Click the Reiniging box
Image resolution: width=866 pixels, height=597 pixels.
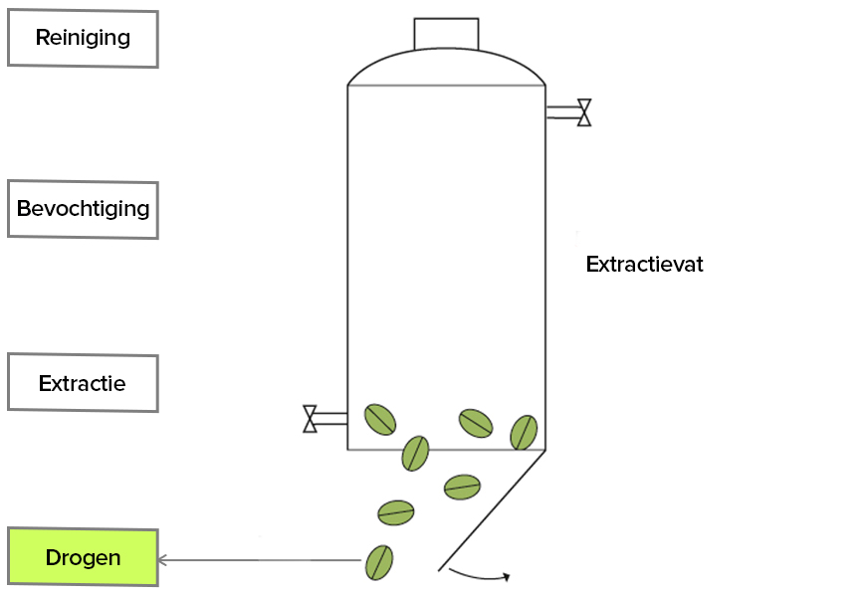tap(83, 39)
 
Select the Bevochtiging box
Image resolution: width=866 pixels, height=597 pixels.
tap(83, 210)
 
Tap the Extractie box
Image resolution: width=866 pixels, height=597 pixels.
tap(83, 383)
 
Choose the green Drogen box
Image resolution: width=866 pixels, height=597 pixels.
tap(83, 557)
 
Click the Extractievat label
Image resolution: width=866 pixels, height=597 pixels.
tap(644, 265)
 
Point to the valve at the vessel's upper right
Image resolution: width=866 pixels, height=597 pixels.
tap(584, 112)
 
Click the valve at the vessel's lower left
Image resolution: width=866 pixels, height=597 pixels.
tap(311, 419)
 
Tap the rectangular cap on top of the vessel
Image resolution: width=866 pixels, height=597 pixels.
tap(446, 34)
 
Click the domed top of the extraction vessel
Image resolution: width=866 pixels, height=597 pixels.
tap(446, 68)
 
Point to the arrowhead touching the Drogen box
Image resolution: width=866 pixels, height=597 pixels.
tap(163, 560)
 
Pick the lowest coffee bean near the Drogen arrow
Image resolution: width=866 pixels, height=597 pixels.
tap(379, 562)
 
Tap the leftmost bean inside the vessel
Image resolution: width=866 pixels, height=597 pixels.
tap(379, 420)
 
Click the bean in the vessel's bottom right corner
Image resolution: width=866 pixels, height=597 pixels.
tap(524, 432)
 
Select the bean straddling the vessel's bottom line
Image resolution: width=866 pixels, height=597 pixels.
tap(415, 453)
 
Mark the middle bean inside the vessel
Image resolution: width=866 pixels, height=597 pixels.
tap(475, 423)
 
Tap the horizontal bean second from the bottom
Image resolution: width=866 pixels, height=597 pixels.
tap(396, 512)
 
